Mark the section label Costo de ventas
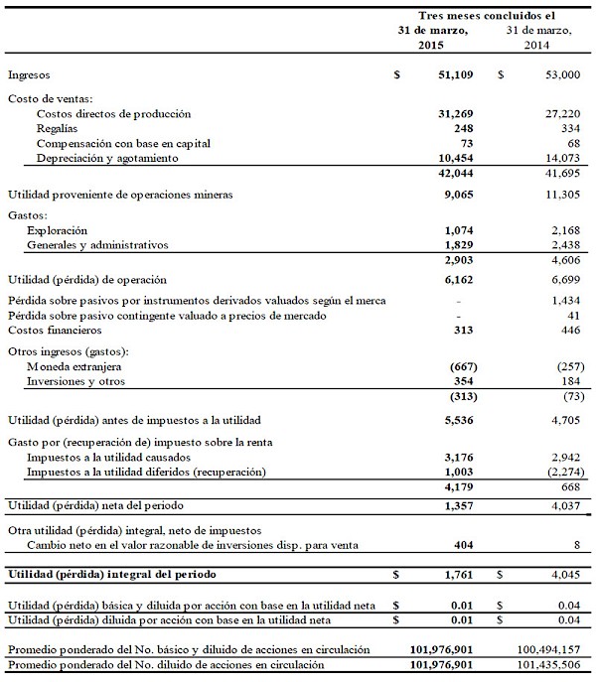(50, 98)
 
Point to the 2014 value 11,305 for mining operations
(554, 195)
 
